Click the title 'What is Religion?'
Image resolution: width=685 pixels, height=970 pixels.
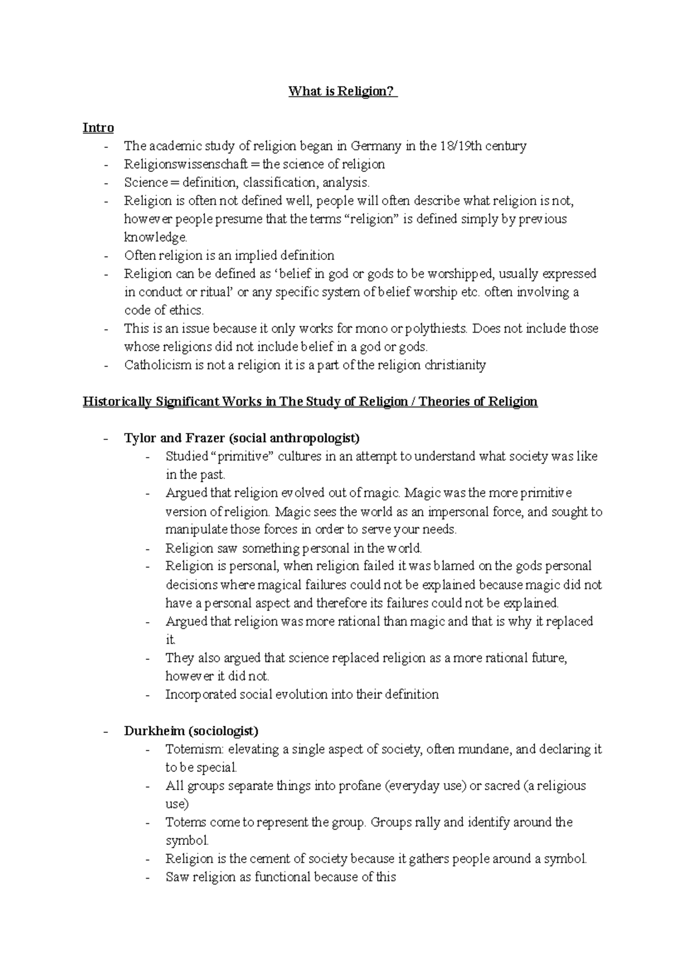342,91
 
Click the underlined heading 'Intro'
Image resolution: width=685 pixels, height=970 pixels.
98,128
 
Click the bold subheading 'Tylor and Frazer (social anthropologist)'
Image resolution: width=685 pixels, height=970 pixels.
241,439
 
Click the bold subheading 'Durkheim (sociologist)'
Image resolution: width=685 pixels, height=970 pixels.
191,731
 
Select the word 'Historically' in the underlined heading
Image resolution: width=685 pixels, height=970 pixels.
117,402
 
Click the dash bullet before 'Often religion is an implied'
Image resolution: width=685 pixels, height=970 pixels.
106,256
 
